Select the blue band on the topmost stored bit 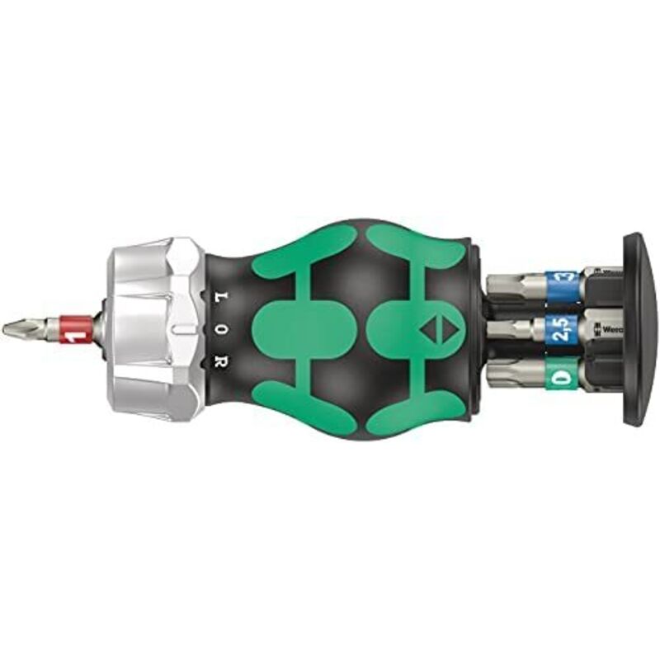567,280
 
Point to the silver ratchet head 153,328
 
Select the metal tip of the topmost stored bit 516,284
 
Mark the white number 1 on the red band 76,337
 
